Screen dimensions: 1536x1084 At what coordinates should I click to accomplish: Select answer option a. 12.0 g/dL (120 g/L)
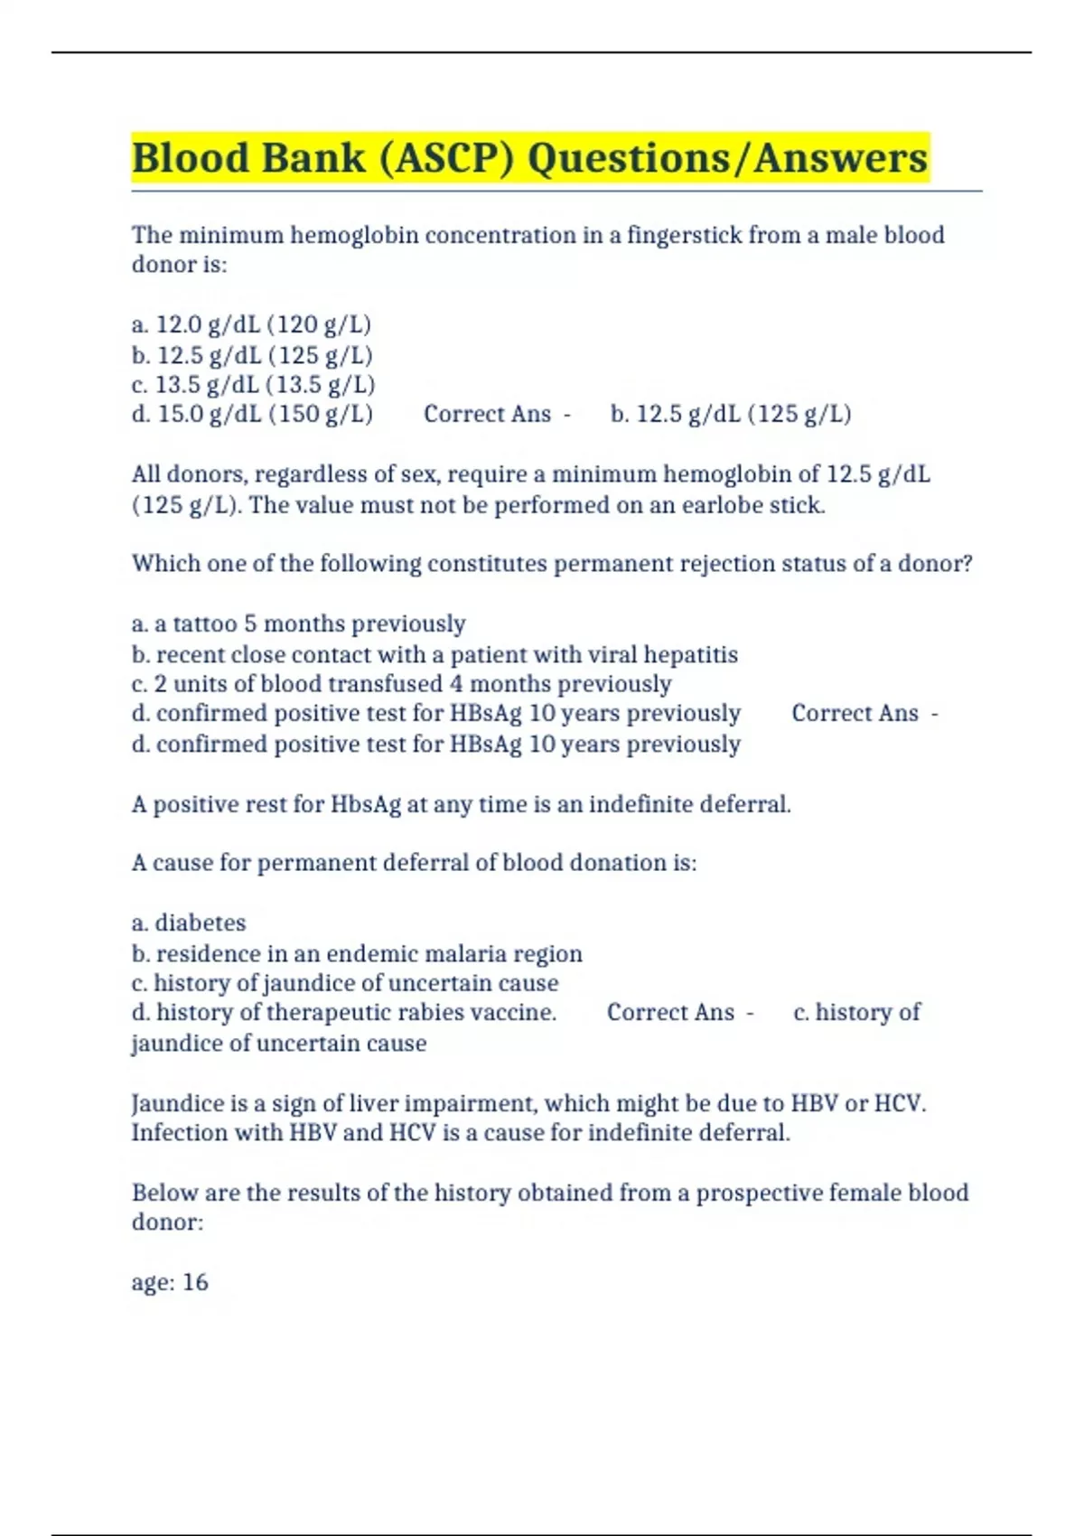[x=251, y=324]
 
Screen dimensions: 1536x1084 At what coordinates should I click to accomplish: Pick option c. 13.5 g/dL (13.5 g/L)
[x=253, y=385]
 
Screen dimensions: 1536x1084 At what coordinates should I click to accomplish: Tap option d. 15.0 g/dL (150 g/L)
[x=252, y=415]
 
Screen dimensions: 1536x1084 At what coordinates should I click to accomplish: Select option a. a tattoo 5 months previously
[x=298, y=624]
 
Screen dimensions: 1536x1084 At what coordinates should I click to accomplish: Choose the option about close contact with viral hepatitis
[x=435, y=655]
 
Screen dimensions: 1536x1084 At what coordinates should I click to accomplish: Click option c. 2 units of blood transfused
[x=401, y=684]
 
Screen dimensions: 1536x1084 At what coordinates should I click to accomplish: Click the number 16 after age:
[x=195, y=1282]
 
